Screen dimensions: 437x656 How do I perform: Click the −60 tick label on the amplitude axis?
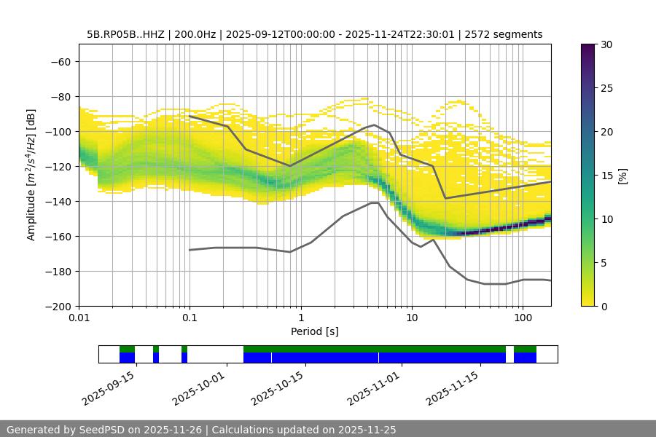tap(60, 62)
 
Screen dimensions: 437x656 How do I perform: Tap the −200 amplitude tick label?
tap(57, 307)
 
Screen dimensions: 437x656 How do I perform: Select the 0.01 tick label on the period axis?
tap(79, 318)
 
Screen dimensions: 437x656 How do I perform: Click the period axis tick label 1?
tap(300, 318)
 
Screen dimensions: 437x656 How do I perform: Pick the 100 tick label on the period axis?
tap(522, 318)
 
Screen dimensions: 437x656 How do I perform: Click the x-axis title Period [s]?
tap(315, 331)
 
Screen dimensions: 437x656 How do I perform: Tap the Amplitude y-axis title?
tap(31, 175)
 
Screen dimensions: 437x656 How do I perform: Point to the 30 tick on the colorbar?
tap(606, 44)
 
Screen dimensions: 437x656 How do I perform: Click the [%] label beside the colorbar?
tap(622, 176)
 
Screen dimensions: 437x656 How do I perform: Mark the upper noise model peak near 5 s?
tap(375, 125)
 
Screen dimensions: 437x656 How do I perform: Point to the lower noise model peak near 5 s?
tap(375, 202)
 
